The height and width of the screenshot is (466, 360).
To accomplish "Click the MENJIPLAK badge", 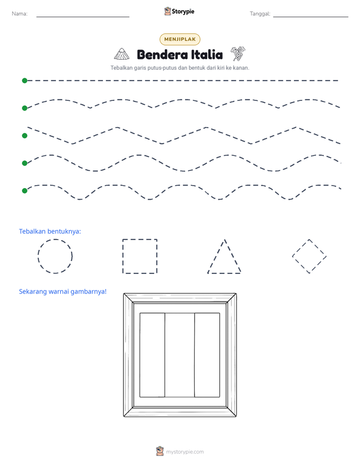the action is (x=179, y=39).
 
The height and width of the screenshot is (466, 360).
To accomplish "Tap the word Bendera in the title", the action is (x=162, y=54).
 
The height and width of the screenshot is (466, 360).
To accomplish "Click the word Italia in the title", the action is (x=207, y=54).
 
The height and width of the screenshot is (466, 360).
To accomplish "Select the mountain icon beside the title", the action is (x=122, y=54).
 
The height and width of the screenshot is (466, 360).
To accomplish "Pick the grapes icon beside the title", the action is (x=238, y=53).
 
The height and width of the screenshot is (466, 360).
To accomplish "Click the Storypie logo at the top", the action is (x=179, y=11).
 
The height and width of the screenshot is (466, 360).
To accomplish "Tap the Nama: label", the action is (x=20, y=14).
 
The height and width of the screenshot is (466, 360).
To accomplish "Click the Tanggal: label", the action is (x=260, y=14).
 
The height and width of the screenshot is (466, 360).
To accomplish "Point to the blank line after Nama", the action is (x=83, y=17).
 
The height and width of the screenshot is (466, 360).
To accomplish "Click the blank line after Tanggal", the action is (x=311, y=17).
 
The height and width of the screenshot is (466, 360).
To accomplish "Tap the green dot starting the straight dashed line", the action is (x=25, y=81).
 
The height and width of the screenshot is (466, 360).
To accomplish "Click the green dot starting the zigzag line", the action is (x=25, y=136).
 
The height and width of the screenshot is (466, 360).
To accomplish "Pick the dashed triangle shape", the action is (x=216, y=256).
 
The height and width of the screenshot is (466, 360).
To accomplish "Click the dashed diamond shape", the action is (x=301, y=248).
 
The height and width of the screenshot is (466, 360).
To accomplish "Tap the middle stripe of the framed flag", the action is (x=179, y=355).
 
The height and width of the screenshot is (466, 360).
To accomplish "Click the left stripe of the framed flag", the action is (x=152, y=355).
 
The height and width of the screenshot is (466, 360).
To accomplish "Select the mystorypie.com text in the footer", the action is (x=185, y=452).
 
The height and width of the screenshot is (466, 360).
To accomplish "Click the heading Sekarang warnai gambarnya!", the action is (x=63, y=292).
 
